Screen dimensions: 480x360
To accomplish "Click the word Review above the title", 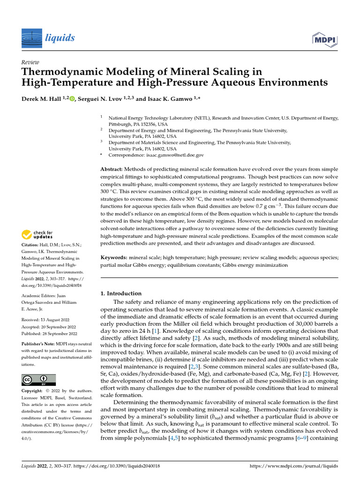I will pos(30,62).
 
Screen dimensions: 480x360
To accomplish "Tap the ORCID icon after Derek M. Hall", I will pos(72,98).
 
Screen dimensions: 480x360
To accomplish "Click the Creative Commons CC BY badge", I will pos(38,380).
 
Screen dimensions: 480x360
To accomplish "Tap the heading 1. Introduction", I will pos(121,293).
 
